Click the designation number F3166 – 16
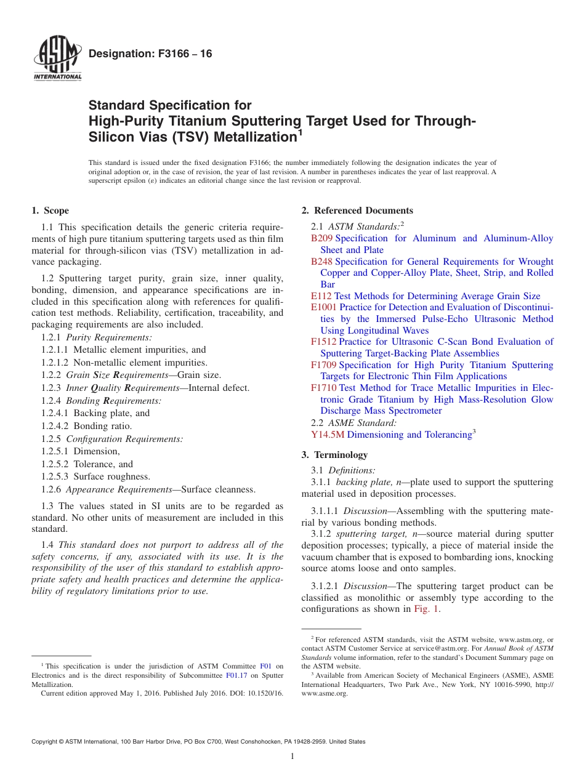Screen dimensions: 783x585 pos(150,54)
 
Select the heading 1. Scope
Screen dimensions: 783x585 pos(50,211)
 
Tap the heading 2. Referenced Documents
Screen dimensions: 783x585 pos(357,211)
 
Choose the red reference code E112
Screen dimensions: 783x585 pos(321,296)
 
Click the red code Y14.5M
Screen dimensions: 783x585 pos(328,435)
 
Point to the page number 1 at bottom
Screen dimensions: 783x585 pos(292,757)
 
